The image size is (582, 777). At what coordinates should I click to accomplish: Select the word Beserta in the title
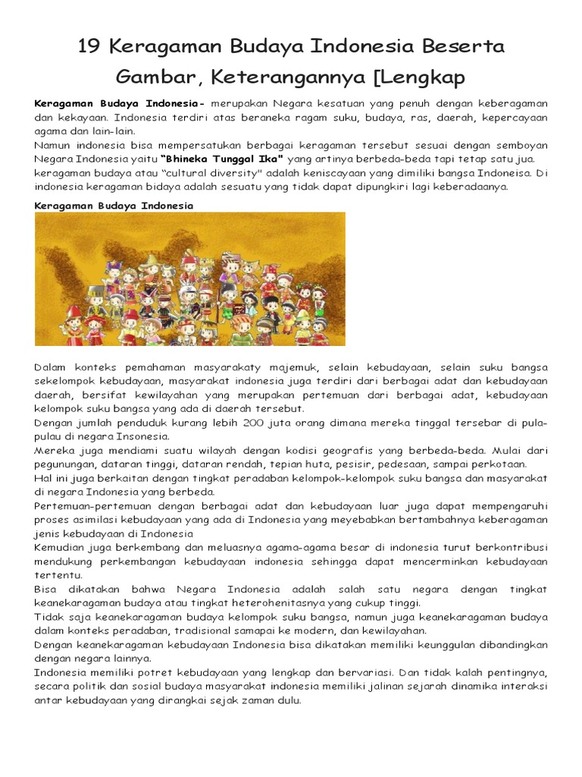tap(467, 48)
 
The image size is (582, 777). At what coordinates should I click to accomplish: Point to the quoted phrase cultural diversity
tap(183, 172)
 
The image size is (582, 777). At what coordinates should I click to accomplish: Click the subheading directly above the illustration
tap(114, 206)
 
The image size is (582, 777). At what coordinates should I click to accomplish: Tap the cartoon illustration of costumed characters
tap(189, 278)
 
